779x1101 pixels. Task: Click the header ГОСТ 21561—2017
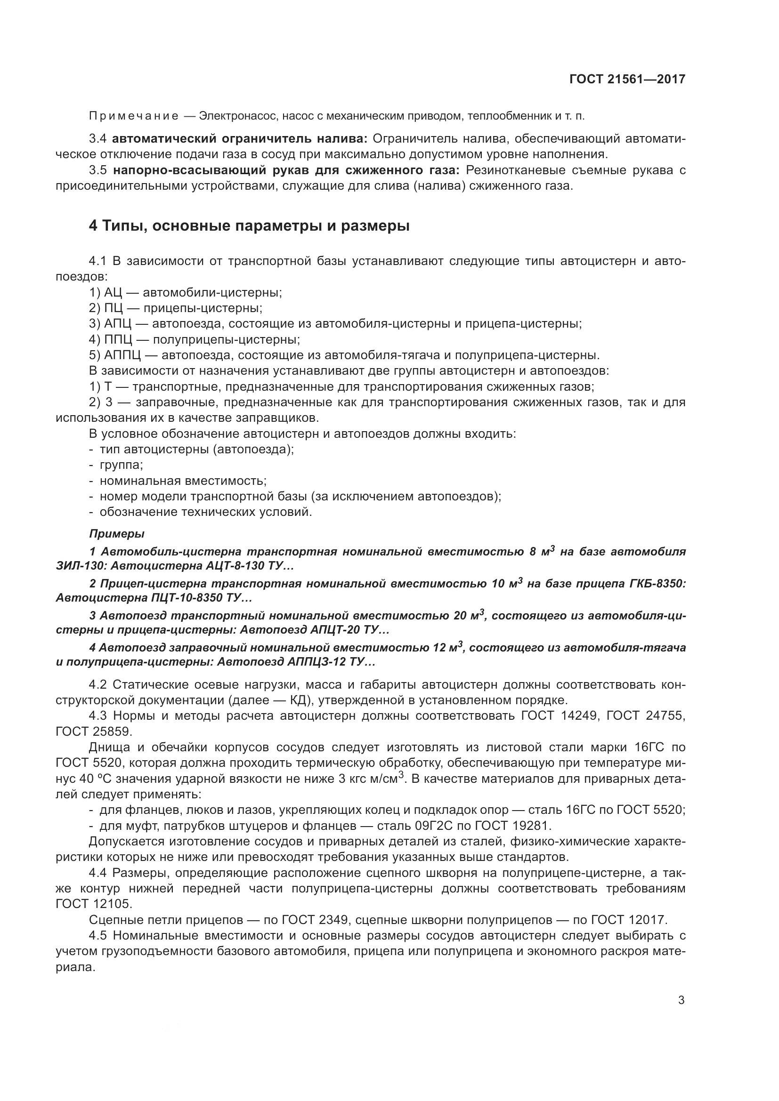click(627, 79)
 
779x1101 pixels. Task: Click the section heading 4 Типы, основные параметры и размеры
click(249, 225)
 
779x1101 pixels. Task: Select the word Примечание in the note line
click(133, 116)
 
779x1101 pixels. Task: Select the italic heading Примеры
click(116, 534)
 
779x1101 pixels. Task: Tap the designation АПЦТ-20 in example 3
click(338, 630)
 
